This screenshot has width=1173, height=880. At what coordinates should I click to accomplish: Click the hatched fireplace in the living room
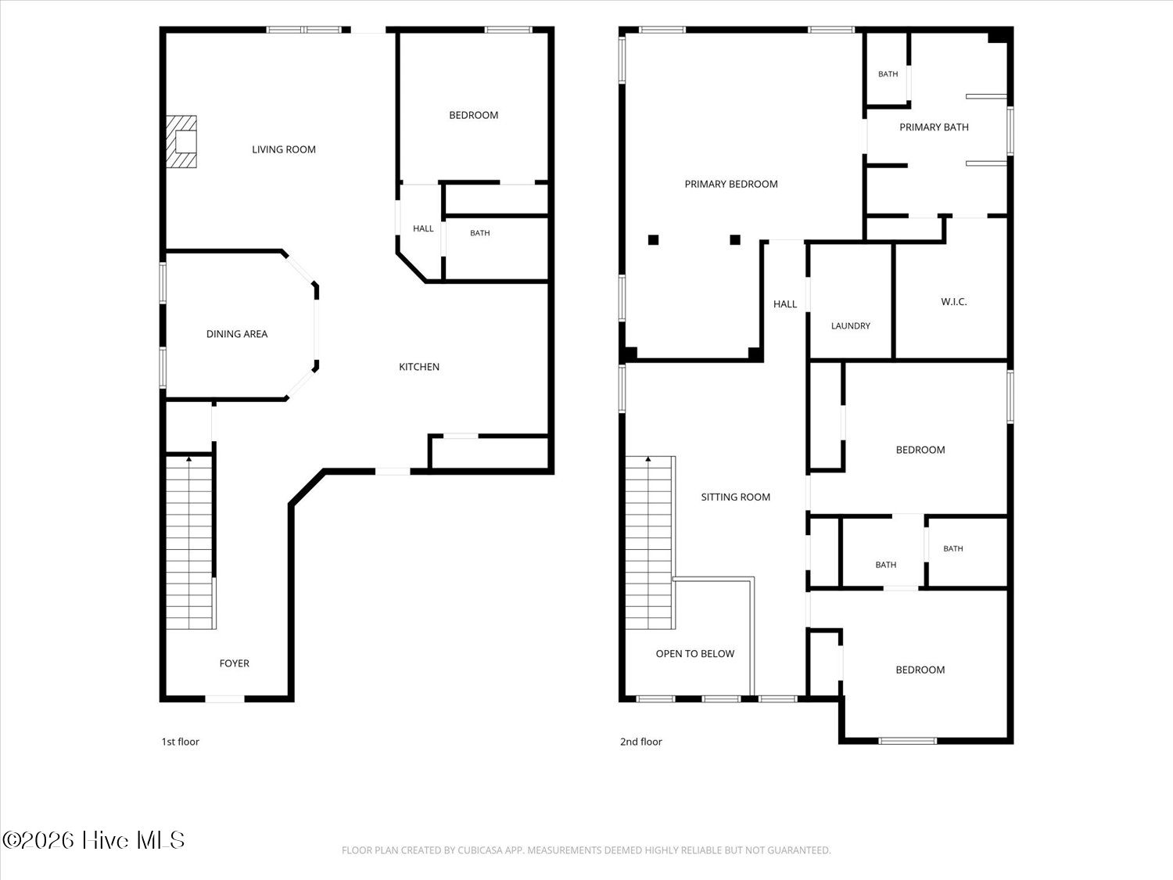pos(181,142)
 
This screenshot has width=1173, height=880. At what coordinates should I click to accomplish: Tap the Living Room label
pos(284,149)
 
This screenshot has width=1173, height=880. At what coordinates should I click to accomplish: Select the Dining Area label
pos(237,334)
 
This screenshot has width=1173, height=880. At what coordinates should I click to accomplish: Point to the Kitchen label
pos(419,367)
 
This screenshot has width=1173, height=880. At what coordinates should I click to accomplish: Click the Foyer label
pos(234,663)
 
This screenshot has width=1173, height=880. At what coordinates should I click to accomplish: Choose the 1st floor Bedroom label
pos(473,116)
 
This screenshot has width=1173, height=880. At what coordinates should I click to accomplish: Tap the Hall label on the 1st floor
pos(423,228)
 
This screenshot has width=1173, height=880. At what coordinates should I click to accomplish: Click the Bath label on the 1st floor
pos(480,233)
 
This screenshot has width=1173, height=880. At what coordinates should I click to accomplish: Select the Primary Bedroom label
pos(731,185)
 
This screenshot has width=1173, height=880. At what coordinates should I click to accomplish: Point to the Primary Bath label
pos(934,128)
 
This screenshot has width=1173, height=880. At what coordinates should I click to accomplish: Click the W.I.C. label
pos(954,302)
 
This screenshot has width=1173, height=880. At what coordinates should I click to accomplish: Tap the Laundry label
pos(851,326)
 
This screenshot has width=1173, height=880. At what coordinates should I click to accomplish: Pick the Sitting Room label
pos(735,497)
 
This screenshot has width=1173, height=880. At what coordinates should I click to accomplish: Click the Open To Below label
pos(694,654)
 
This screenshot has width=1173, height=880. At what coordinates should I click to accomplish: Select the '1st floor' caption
pos(180,742)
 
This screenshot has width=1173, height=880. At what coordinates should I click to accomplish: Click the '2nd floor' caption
pos(640,742)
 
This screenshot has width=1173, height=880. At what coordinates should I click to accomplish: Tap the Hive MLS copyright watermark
pos(94,840)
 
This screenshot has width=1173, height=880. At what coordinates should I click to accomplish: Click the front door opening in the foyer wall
pos(225,699)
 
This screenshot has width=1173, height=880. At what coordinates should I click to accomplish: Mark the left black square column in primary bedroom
pos(653,240)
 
